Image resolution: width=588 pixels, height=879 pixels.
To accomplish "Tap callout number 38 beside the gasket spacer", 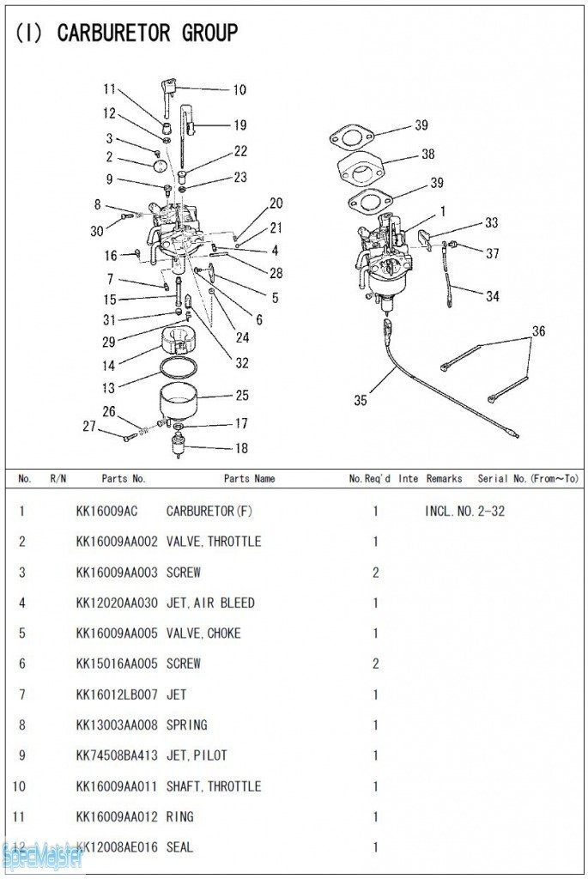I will coord(427,155).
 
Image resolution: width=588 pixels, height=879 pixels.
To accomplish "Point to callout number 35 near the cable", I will coord(361,400).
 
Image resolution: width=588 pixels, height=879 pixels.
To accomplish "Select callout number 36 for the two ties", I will coord(538,331).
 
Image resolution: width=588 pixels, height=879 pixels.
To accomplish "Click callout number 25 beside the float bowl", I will coord(242,396).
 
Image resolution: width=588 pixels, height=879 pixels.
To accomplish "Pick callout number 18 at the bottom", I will coord(241,448).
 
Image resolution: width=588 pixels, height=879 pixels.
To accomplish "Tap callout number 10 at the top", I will coord(239,89).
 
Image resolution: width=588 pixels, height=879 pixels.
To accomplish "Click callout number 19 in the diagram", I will coord(239,125).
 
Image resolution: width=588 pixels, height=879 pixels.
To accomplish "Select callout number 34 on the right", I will coord(492,297).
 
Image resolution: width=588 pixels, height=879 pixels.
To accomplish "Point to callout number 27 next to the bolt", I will coord(89,426).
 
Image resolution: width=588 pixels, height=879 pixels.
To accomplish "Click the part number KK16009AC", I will coord(106,512).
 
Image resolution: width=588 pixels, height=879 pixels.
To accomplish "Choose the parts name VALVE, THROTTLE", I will coord(214,542).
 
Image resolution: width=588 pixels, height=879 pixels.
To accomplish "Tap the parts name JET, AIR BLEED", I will coord(210,603).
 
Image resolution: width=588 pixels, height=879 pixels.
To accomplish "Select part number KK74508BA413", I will coord(117,755).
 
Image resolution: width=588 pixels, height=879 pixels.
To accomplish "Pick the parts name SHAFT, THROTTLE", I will coord(214,786).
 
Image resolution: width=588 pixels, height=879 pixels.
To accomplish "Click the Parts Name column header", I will coord(249,479).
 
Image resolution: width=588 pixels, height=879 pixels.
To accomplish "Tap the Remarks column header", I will coord(444,479).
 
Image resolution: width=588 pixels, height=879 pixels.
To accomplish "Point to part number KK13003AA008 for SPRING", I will coord(117,725).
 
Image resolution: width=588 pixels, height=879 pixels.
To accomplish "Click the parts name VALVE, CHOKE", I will coord(203,633).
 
